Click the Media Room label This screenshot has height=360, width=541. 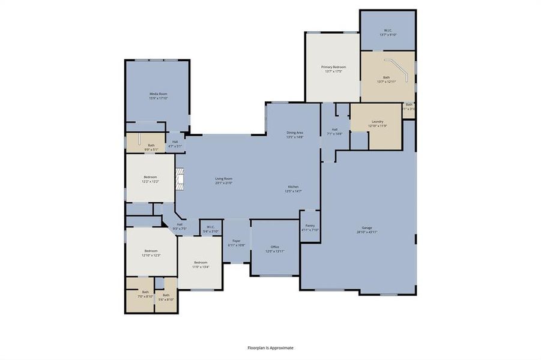coord(157,94)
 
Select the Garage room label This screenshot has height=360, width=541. coord(367,227)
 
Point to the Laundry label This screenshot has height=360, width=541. coord(377,121)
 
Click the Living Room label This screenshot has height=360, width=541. coord(223,178)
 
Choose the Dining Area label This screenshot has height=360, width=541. coord(294,133)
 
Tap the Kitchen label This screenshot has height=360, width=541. coord(293,187)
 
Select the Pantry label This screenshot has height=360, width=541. coord(310,226)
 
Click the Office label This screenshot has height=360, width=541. coord(275,247)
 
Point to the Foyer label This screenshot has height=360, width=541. coord(236,241)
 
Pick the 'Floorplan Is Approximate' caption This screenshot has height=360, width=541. coord(271,347)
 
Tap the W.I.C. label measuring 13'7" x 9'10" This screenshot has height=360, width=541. coord(388,31)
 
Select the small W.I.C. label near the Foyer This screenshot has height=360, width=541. coord(211,227)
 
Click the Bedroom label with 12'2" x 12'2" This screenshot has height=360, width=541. coord(150,177)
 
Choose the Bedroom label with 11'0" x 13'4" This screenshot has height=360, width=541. coord(201,262)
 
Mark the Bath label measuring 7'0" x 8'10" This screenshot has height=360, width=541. coord(145,292)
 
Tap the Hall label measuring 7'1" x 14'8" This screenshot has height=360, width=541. coord(334,130)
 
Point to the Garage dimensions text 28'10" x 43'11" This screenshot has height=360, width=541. coord(367,232)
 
